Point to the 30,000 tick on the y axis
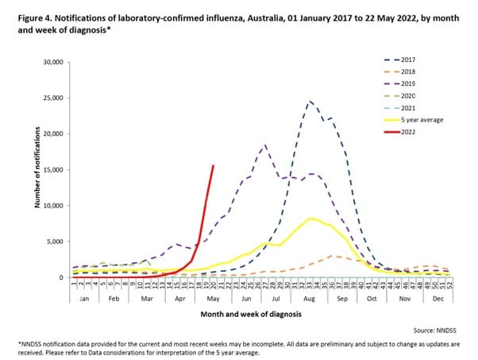53,62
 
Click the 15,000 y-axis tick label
53,170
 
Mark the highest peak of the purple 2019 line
264,145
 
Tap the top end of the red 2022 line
213,165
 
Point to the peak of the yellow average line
311,219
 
